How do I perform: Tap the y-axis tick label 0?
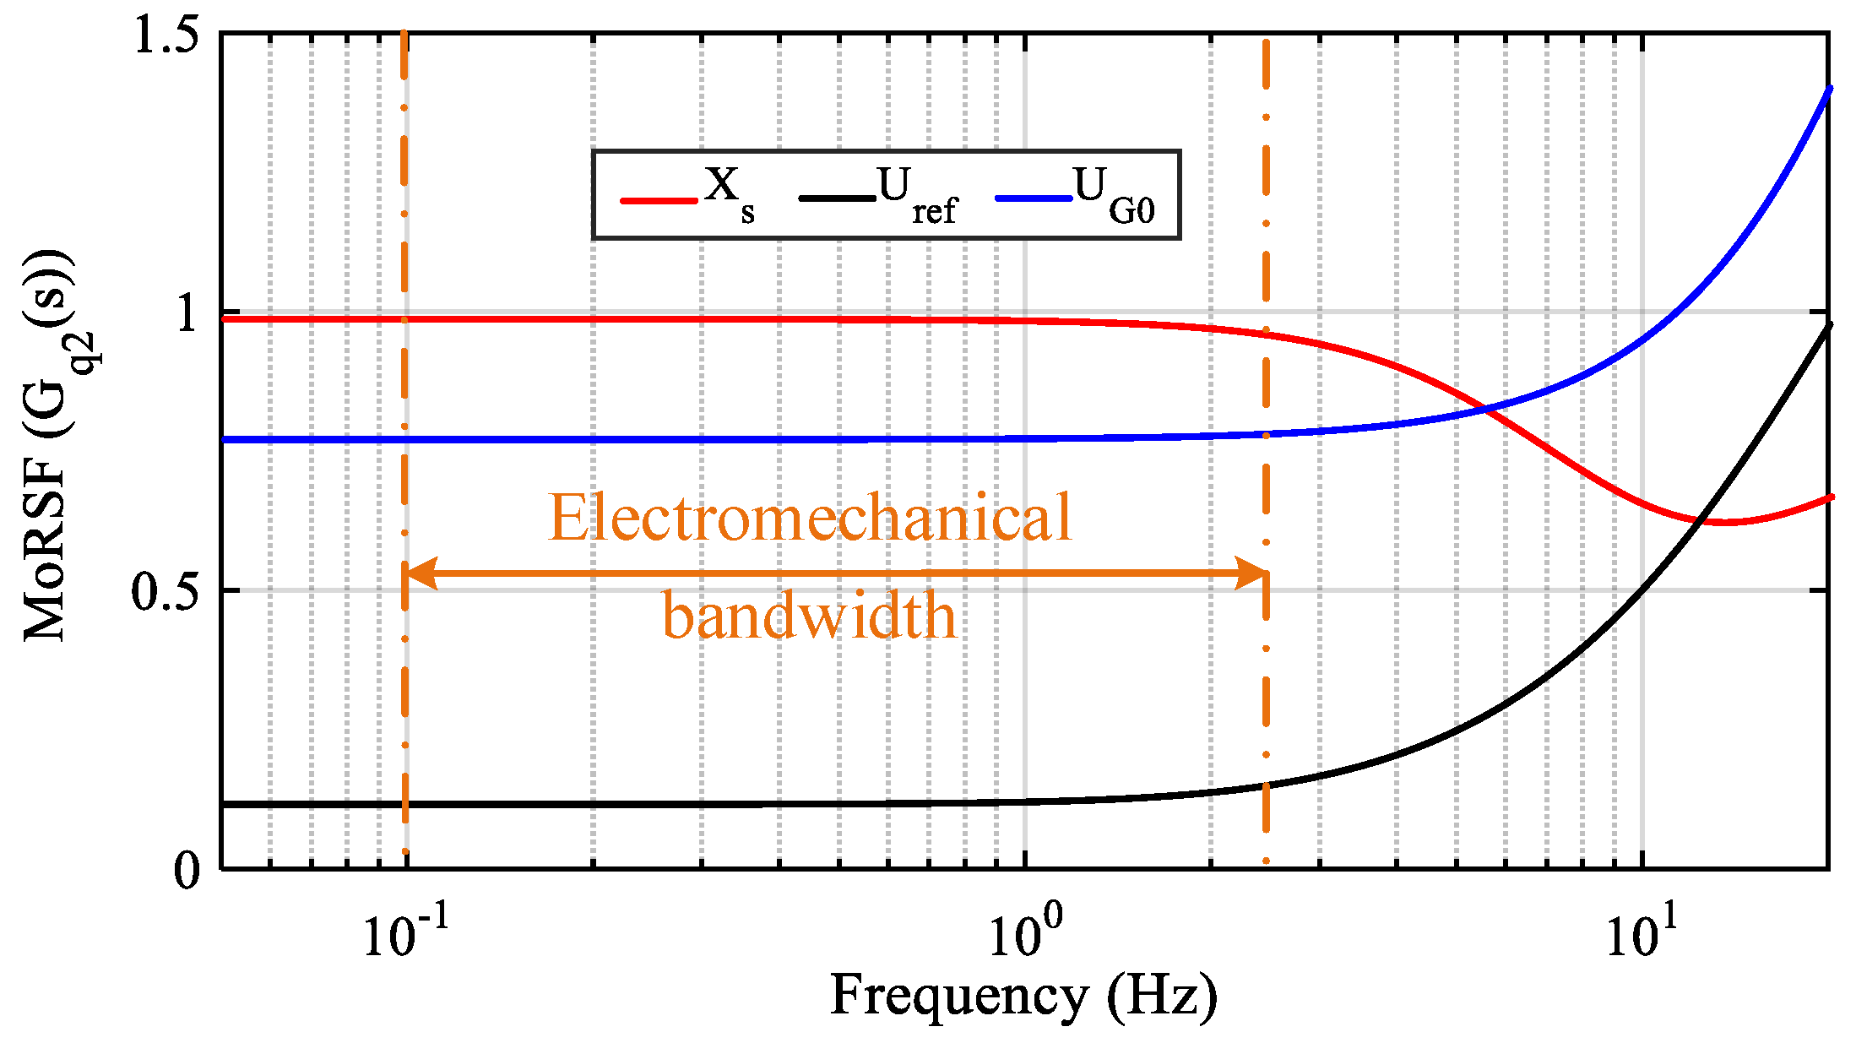(187, 870)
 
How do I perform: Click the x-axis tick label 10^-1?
(405, 933)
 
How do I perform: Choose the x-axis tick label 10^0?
(1025, 933)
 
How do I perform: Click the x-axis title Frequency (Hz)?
(1023, 997)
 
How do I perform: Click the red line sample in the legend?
(659, 200)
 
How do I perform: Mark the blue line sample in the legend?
(1034, 198)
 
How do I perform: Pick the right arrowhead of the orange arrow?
(1251, 573)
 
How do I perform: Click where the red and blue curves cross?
(1484, 410)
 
